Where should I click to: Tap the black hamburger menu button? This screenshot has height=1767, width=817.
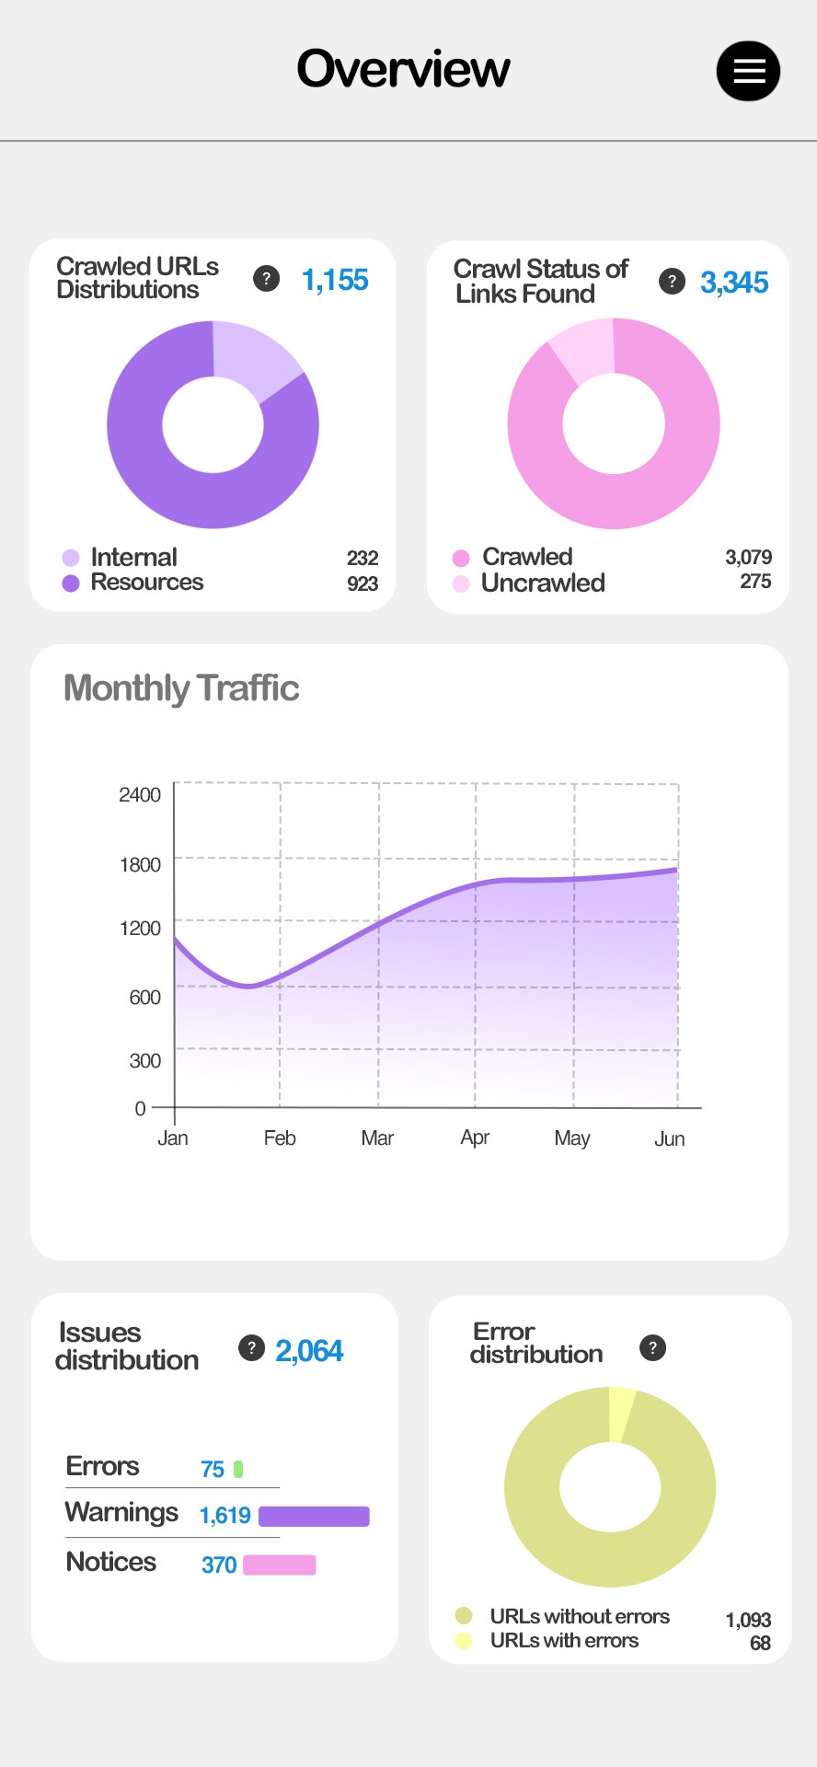pyautogui.click(x=748, y=71)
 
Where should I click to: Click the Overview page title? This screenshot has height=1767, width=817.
pyautogui.click(x=403, y=69)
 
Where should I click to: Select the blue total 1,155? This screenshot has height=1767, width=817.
pyautogui.click(x=335, y=280)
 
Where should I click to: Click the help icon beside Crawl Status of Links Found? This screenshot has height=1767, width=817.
pyautogui.click(x=672, y=282)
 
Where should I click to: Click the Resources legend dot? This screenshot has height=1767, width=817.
pyautogui.click(x=71, y=583)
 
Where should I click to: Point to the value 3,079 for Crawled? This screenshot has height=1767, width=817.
pyautogui.click(x=748, y=557)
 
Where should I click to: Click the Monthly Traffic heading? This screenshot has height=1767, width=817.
pyautogui.click(x=181, y=688)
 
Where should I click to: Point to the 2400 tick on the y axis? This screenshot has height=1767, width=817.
pyautogui.click(x=140, y=794)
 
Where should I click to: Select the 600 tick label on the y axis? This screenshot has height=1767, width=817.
pyautogui.click(x=144, y=997)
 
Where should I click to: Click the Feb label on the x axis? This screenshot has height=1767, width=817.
pyautogui.click(x=280, y=1138)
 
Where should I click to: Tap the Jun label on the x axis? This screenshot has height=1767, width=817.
pyautogui.click(x=669, y=1139)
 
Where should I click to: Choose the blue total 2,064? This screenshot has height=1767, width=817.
pyautogui.click(x=309, y=1351)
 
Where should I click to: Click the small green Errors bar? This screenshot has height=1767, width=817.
pyautogui.click(x=238, y=1469)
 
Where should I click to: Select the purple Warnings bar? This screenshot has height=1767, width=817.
pyautogui.click(x=314, y=1516)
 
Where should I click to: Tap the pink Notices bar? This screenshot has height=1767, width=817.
pyautogui.click(x=280, y=1565)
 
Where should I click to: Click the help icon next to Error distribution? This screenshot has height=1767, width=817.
pyautogui.click(x=652, y=1348)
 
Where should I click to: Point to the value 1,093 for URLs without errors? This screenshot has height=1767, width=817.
pyautogui.click(x=748, y=1620)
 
